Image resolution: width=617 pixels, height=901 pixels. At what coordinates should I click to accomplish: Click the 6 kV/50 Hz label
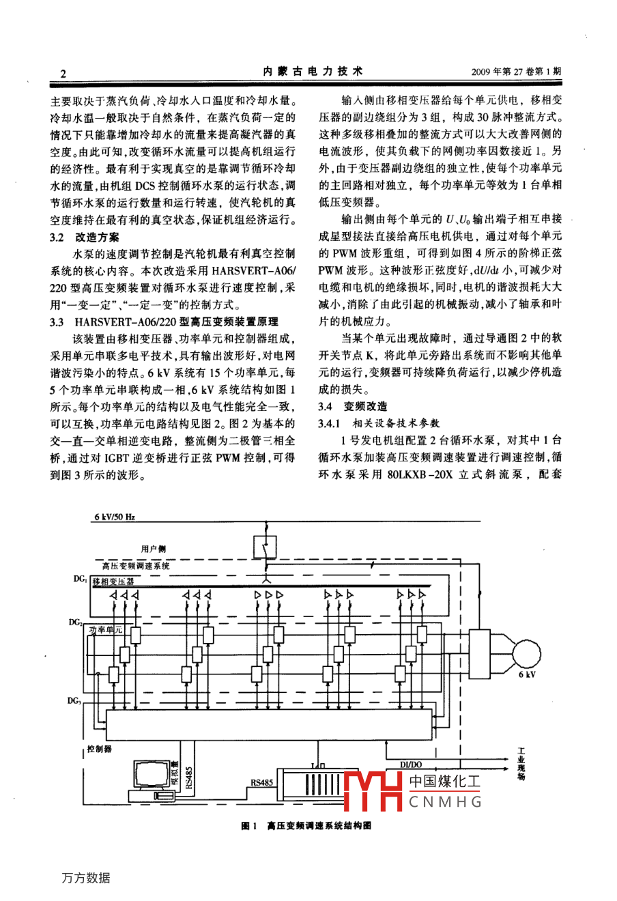[x=114, y=517]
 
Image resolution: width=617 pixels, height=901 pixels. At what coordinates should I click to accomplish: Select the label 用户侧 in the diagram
[x=153, y=549]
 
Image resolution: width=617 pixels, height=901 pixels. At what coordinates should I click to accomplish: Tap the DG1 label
[x=79, y=579]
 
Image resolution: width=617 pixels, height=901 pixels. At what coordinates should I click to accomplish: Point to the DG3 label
[x=75, y=701]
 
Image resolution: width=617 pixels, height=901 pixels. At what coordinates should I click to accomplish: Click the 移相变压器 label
[x=113, y=582]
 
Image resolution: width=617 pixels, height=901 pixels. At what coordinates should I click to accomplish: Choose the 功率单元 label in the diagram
[x=106, y=629]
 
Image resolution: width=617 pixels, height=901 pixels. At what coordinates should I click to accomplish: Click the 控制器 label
[x=100, y=749]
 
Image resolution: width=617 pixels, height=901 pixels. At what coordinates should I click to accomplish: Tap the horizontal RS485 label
[x=261, y=783]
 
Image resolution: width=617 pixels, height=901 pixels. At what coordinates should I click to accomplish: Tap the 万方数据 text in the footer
[x=85, y=878]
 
